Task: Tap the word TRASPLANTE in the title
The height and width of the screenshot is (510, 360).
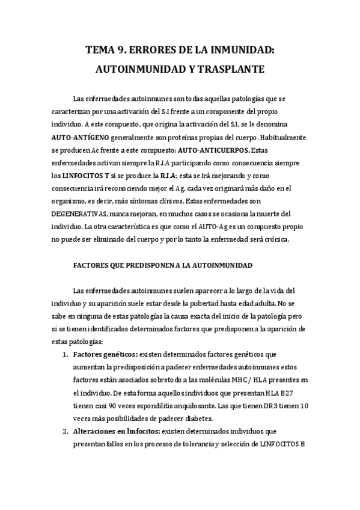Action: pyautogui.click(x=231, y=69)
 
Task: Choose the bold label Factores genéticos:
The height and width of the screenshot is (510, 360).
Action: pyautogui.click(x=105, y=354)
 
